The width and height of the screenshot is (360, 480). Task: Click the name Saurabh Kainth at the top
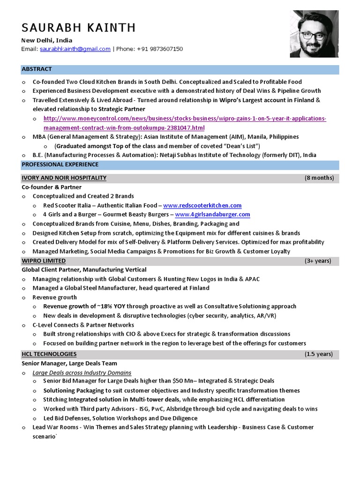point(78,28)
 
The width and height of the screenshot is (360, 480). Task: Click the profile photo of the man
point(314,34)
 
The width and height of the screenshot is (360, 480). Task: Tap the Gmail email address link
point(75,49)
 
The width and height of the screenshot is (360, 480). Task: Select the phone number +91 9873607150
point(160,49)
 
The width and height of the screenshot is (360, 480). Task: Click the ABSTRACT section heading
point(37,69)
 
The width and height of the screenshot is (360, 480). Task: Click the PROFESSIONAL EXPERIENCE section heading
point(60,165)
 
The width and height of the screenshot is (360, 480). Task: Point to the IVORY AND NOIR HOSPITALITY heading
point(64,178)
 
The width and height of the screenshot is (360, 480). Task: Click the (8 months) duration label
point(319,178)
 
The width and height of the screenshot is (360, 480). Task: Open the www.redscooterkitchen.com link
point(202,205)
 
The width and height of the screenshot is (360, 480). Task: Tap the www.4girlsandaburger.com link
point(212,214)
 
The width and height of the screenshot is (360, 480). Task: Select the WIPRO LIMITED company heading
point(44,261)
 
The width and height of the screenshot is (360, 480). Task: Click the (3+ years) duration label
point(317,261)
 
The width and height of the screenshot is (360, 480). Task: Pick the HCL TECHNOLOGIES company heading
point(49,354)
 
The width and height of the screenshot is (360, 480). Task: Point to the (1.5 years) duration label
point(318,354)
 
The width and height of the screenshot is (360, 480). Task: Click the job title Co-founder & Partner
point(52,187)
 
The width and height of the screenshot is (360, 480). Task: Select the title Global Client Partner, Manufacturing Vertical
point(84,270)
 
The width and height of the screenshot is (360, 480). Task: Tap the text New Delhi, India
point(47,40)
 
